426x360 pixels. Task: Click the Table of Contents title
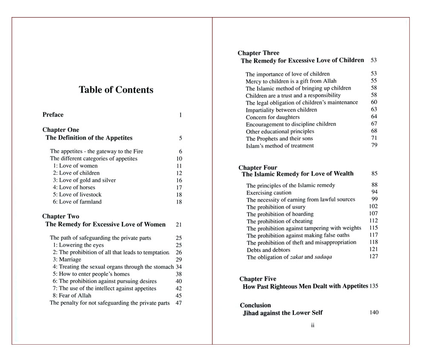pyautogui.click(x=116, y=90)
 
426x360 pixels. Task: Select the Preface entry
pyautogui.click(x=53, y=115)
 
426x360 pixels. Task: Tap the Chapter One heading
pyautogui.click(x=60, y=130)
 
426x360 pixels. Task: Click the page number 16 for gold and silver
pyautogui.click(x=179, y=180)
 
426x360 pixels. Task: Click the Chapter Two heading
pyautogui.click(x=60, y=217)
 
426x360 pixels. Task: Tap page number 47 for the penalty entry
pyautogui.click(x=179, y=303)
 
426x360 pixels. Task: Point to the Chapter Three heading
pyautogui.click(x=259, y=53)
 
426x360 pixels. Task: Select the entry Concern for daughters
pyautogui.click(x=273, y=117)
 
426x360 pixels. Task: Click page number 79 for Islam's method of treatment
pyautogui.click(x=374, y=146)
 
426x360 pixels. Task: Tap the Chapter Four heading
pyautogui.click(x=258, y=168)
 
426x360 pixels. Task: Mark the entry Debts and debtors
pyautogui.click(x=268, y=250)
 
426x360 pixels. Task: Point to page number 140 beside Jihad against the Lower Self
pyautogui.click(x=374, y=313)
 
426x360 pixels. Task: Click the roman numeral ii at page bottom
pyautogui.click(x=312, y=326)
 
